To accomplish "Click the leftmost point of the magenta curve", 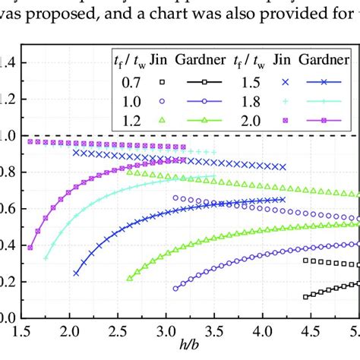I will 30,248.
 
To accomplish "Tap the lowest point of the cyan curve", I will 46,258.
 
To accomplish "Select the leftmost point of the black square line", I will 306,297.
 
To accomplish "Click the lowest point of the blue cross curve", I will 76,273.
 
